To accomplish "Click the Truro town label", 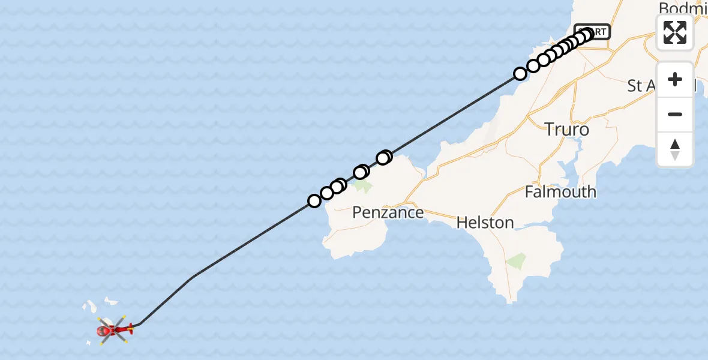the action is [567, 129].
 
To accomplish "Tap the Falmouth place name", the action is [560, 192].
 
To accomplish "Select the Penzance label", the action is [388, 212].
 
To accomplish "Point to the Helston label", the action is [485, 223].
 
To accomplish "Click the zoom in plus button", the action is [675, 79].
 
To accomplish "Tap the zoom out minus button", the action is [675, 114].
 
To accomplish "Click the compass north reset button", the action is [675, 149].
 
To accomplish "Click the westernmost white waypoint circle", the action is [314, 201].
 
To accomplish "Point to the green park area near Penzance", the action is [362, 186].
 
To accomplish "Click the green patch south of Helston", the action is [516, 261].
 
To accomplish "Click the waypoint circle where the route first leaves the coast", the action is [520, 74].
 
